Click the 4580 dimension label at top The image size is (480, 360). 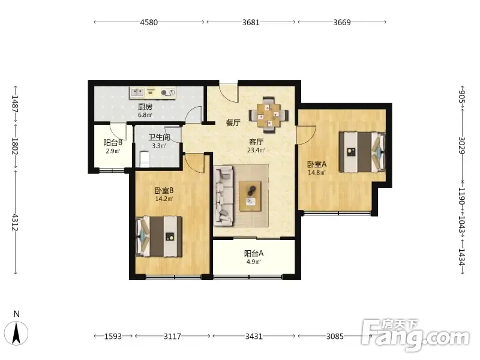[x=149, y=22]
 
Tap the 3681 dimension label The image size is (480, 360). [x=251, y=22]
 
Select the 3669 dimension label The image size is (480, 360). [x=342, y=22]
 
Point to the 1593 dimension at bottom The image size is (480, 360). [x=113, y=337]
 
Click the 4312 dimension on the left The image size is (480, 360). [x=15, y=223]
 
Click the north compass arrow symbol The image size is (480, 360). [x=17, y=333]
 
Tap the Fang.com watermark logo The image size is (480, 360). [x=415, y=335]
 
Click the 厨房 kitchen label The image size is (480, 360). [x=145, y=107]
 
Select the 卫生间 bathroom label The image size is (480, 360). [x=159, y=137]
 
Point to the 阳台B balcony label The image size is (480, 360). [x=113, y=143]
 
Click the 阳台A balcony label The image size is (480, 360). [x=254, y=253]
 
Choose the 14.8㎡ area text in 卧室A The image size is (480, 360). [x=317, y=173]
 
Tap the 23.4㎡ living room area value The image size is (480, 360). [x=256, y=151]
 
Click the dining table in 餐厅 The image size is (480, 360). [x=268, y=115]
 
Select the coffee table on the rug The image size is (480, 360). [x=250, y=196]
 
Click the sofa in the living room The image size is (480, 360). [x=223, y=196]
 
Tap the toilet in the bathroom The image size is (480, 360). [x=145, y=159]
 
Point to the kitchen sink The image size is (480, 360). [x=137, y=92]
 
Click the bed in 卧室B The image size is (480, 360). [x=159, y=236]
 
